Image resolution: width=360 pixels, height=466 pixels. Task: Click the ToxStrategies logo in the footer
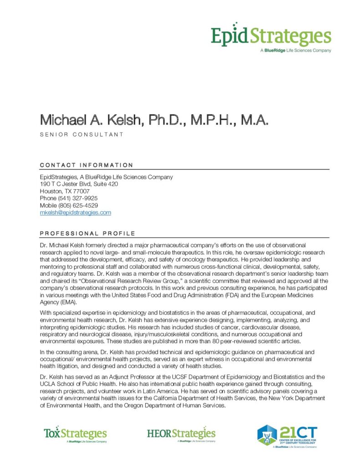click(75, 434)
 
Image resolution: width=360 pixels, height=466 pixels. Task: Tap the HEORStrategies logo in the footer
click(181, 434)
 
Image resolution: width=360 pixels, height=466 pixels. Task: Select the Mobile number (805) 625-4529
click(78, 205)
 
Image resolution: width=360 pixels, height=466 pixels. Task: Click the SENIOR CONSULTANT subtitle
click(82, 134)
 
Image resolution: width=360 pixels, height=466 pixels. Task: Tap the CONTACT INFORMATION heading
click(86, 165)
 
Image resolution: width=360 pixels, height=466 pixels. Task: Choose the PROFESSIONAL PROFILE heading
click(87, 233)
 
